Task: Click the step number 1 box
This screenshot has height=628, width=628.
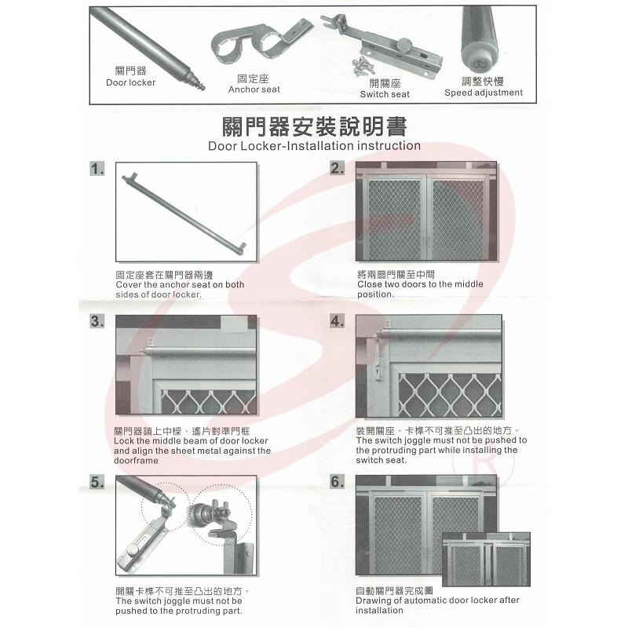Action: [x=97, y=170]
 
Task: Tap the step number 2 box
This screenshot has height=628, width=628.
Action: [x=338, y=170]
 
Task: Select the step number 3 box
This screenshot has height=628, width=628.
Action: [x=97, y=323]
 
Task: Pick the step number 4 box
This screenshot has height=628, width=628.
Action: [x=338, y=323]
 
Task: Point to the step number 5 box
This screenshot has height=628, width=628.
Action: [x=97, y=482]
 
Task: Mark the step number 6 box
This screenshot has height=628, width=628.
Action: [x=338, y=482]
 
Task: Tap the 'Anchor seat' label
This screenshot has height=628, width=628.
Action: [x=254, y=89]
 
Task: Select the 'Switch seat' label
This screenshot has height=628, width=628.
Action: [x=385, y=94]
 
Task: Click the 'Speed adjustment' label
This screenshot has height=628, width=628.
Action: [x=483, y=93]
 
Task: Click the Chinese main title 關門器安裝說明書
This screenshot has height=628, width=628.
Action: [x=314, y=126]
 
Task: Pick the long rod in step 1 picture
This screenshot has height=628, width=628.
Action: [x=185, y=212]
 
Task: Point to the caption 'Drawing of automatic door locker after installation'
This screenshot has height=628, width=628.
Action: [x=437, y=604]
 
